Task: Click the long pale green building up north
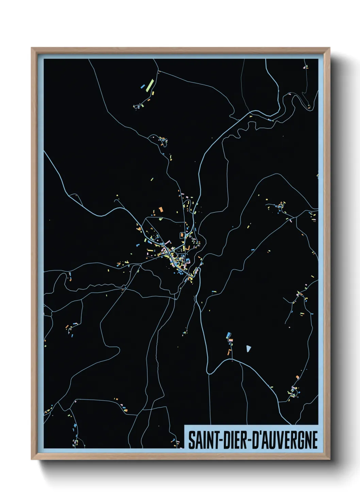[x=150, y=85]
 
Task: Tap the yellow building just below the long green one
[x=153, y=93]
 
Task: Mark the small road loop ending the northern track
[x=138, y=107]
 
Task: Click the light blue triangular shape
[x=248, y=348]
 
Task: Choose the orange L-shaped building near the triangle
[x=229, y=352]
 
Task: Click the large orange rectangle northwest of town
[x=161, y=209]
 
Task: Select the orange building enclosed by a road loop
[x=182, y=235]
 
